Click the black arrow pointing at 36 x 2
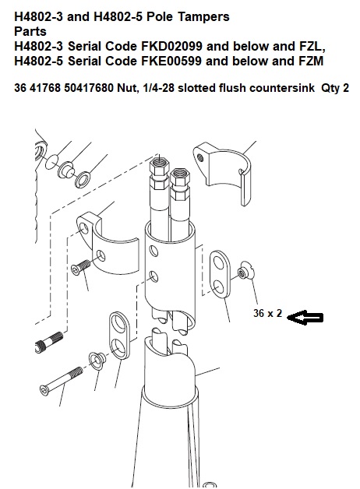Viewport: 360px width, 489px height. [305, 318]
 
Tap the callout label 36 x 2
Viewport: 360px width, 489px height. [267, 313]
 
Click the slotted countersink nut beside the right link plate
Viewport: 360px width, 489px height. [246, 273]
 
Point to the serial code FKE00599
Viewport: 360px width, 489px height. [171, 61]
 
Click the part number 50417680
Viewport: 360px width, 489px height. [89, 88]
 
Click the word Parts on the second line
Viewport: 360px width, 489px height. [30, 31]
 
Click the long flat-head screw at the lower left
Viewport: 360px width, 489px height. [62, 381]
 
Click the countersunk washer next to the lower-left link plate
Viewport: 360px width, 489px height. [97, 360]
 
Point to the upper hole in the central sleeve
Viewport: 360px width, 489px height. [154, 251]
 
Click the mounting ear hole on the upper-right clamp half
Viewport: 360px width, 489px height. [200, 158]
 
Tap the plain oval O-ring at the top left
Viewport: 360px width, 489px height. [51, 162]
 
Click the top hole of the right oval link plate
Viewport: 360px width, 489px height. [218, 263]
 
